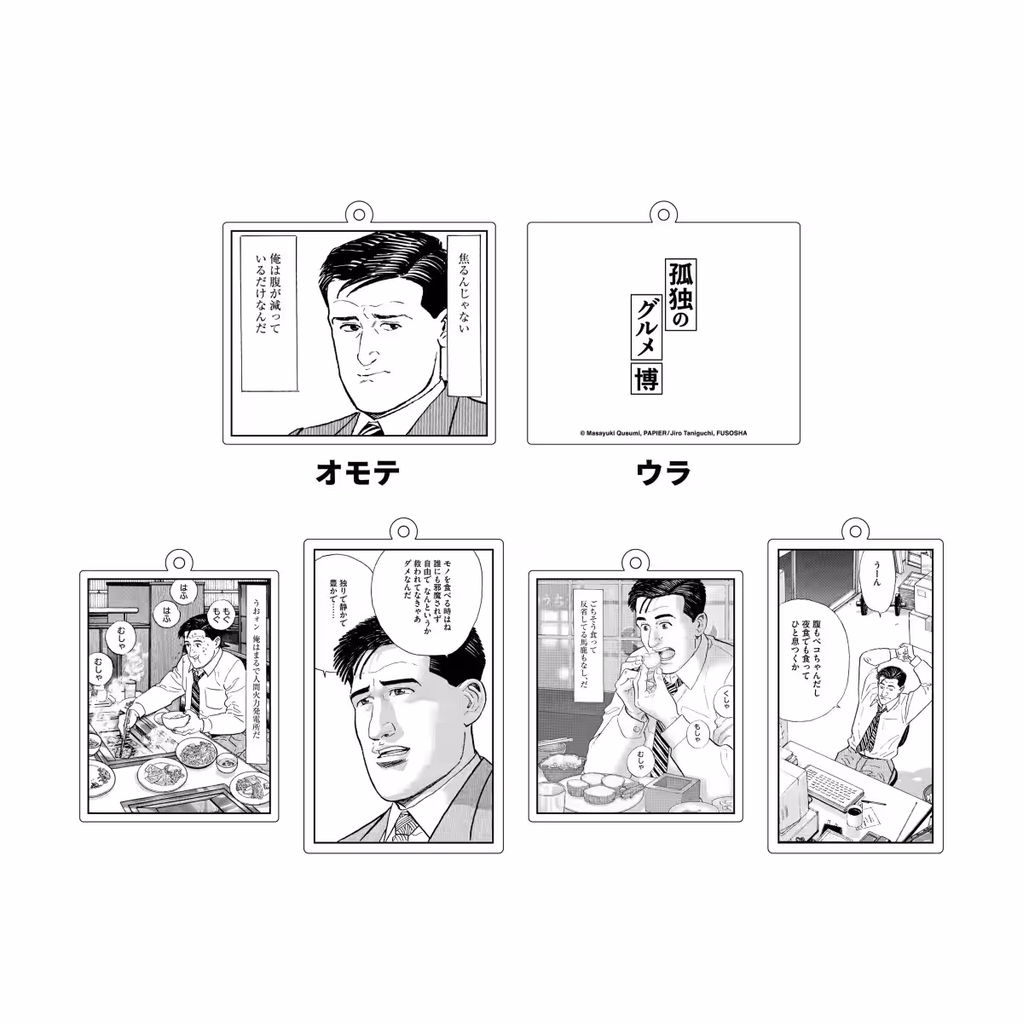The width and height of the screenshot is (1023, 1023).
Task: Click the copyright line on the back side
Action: tap(662, 433)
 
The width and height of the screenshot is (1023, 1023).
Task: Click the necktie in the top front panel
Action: tap(373, 429)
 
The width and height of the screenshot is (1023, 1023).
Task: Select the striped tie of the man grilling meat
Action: tap(194, 690)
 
